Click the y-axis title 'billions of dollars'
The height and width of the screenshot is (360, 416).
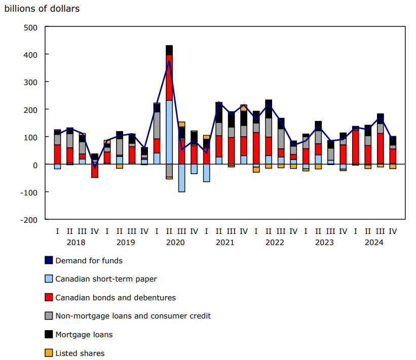point(42,9)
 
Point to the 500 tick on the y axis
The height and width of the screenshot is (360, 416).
point(31,27)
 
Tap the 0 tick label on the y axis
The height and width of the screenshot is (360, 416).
point(35,165)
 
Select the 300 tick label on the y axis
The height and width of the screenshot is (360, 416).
point(31,82)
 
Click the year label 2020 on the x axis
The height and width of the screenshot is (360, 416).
point(175,243)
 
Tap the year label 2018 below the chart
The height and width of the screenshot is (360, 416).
point(76,243)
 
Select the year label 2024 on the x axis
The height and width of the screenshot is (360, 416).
point(374,243)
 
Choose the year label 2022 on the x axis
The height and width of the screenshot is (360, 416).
point(275,243)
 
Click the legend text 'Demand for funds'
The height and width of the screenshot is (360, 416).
point(89,261)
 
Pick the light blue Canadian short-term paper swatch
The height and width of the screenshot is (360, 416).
point(49,278)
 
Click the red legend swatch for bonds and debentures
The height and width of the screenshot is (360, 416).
point(49,297)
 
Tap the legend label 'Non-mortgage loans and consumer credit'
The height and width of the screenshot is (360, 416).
point(133,316)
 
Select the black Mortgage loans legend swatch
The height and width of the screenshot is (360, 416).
point(49,334)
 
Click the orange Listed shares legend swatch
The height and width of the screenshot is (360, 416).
point(49,353)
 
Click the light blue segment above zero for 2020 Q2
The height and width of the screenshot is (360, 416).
point(169,132)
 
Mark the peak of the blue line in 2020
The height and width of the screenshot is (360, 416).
point(169,61)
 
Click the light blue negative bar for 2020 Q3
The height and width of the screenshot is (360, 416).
point(181,178)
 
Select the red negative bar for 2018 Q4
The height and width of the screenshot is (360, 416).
point(95,171)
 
